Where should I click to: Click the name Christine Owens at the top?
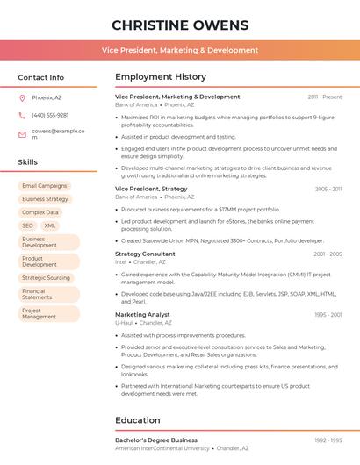(180, 25)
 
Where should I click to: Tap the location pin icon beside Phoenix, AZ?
(22, 97)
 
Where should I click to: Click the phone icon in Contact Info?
(22, 115)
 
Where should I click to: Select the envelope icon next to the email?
(22, 134)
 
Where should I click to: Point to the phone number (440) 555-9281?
(50, 115)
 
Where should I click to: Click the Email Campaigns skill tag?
(45, 186)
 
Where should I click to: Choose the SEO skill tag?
(28, 225)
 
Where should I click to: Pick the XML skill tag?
(50, 225)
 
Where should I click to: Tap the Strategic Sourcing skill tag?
(46, 278)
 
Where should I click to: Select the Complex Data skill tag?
(40, 212)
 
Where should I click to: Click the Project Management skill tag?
(48, 313)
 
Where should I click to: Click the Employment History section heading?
(161, 77)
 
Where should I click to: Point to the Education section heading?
(138, 420)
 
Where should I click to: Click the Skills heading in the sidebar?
(28, 162)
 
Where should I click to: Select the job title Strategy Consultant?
(145, 254)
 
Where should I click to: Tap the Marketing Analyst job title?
(142, 314)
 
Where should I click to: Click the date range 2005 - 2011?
(328, 189)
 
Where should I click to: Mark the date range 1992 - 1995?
(328, 440)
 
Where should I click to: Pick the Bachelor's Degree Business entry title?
(156, 440)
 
